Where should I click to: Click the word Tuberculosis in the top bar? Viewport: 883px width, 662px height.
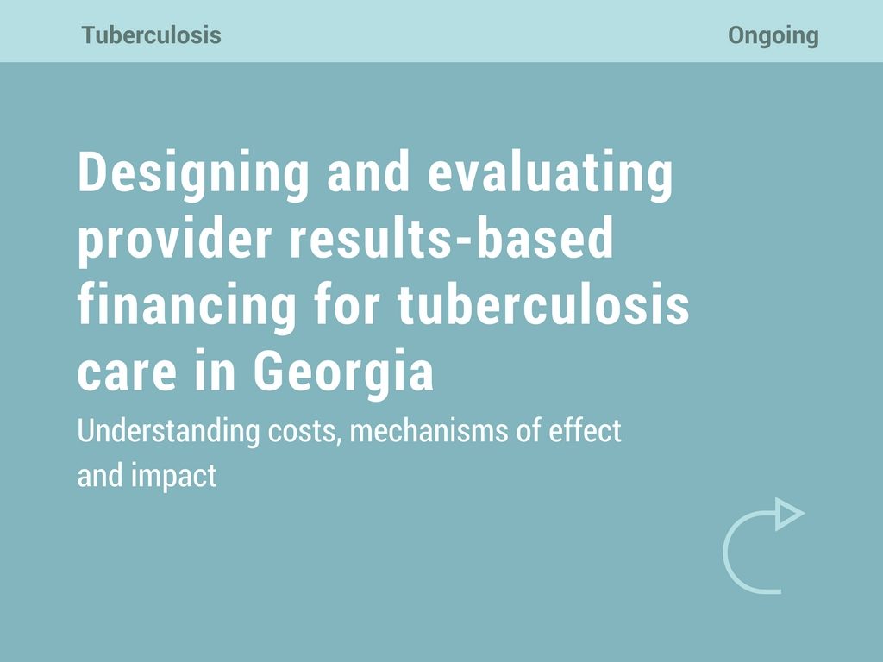(152, 34)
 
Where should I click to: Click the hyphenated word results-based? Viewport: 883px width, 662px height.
(451, 238)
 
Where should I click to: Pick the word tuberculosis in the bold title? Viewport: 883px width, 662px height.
(543, 304)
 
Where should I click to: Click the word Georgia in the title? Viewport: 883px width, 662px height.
(344, 371)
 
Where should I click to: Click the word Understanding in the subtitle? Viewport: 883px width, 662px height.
(168, 432)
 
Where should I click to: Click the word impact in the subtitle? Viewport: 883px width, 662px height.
(174, 477)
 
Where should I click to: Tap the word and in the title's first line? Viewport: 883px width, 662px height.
(368, 172)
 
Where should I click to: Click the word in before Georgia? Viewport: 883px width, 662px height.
(215, 371)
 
